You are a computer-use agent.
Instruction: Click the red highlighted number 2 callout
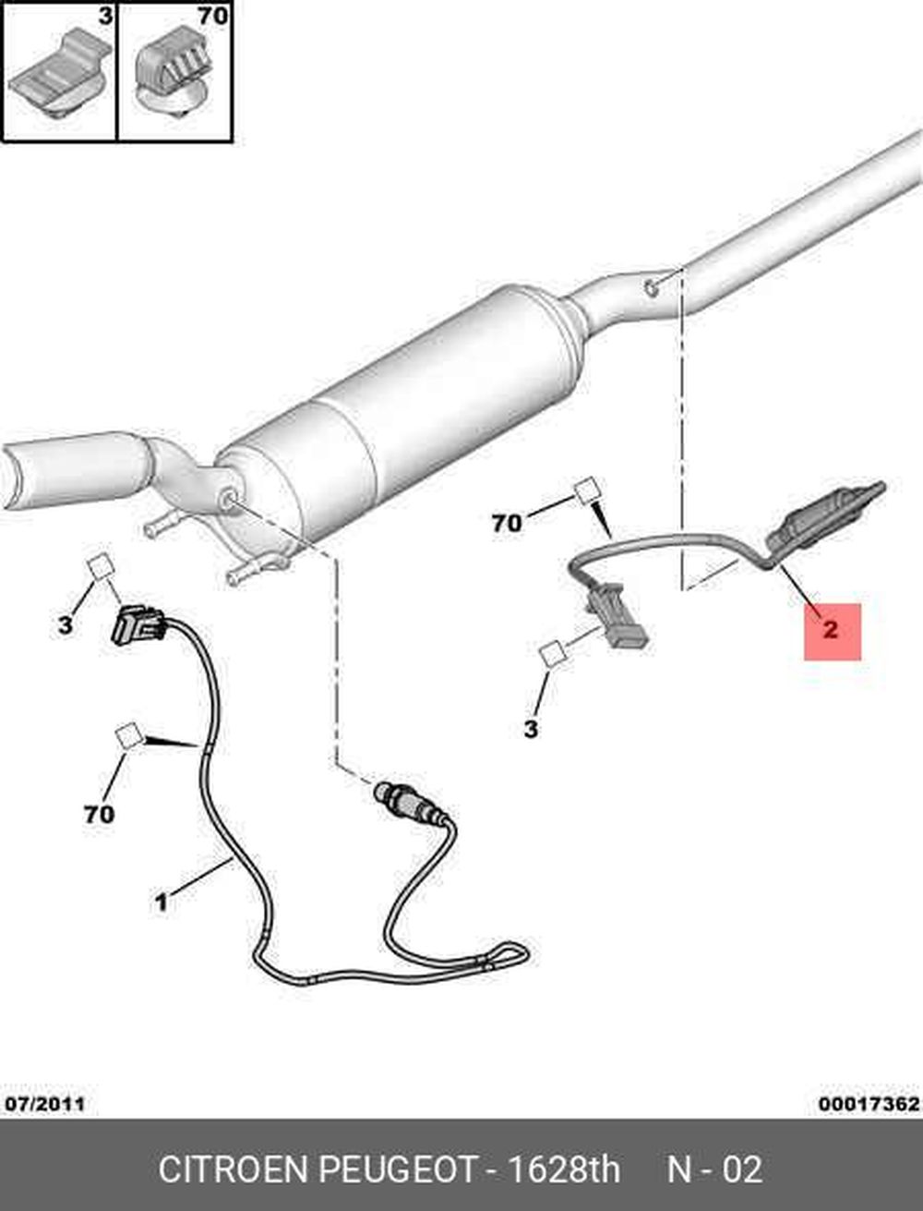(832, 631)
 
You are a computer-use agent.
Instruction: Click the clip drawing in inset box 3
(59, 76)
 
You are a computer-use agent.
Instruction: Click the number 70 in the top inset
(213, 17)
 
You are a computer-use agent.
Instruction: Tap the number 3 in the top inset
(104, 17)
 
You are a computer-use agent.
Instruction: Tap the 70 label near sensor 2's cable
(507, 523)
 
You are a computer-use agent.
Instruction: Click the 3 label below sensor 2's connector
(530, 730)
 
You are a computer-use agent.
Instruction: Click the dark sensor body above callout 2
(827, 516)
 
